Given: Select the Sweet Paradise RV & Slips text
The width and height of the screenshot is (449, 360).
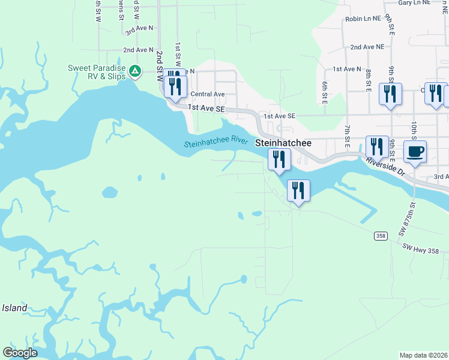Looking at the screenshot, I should click(96, 71).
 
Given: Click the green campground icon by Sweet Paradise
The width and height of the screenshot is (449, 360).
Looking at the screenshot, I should click(136, 72).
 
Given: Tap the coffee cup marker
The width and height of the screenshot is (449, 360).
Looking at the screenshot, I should click(415, 151).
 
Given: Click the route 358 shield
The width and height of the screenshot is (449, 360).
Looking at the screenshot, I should click(381, 236).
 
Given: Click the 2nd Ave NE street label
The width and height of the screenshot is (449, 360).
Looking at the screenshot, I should click(367, 47).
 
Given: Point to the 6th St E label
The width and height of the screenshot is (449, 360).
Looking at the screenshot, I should click(324, 93).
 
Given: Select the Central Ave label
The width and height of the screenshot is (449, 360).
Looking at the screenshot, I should click(207, 94).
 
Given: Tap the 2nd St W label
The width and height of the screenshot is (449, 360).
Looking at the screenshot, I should click(160, 66).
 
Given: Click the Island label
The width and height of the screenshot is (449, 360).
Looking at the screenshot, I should click(14, 308).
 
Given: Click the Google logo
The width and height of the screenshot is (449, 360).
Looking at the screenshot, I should click(20, 353).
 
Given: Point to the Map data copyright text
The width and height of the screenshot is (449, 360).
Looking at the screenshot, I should click(424, 355).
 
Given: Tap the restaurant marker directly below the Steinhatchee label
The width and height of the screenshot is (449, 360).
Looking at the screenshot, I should click(279, 160).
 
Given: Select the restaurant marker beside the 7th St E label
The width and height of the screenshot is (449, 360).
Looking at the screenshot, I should click(376, 147).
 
